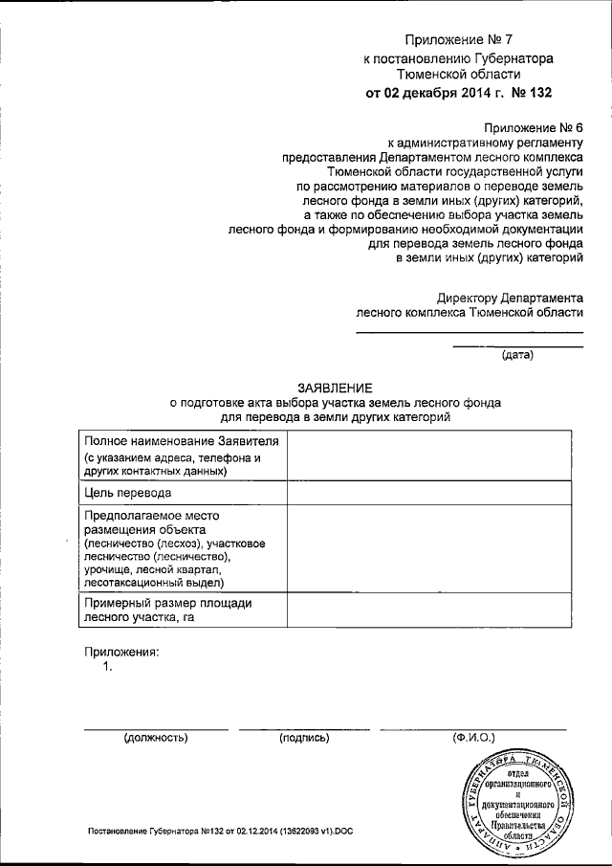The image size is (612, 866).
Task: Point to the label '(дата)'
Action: (x=517, y=356)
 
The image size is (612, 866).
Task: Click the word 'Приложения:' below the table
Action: (x=120, y=652)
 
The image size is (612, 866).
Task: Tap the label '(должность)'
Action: (x=155, y=738)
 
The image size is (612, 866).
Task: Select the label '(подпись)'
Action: (x=304, y=738)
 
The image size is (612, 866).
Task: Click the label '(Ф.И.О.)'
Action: (x=472, y=738)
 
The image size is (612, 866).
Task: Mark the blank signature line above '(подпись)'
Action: (x=304, y=728)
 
